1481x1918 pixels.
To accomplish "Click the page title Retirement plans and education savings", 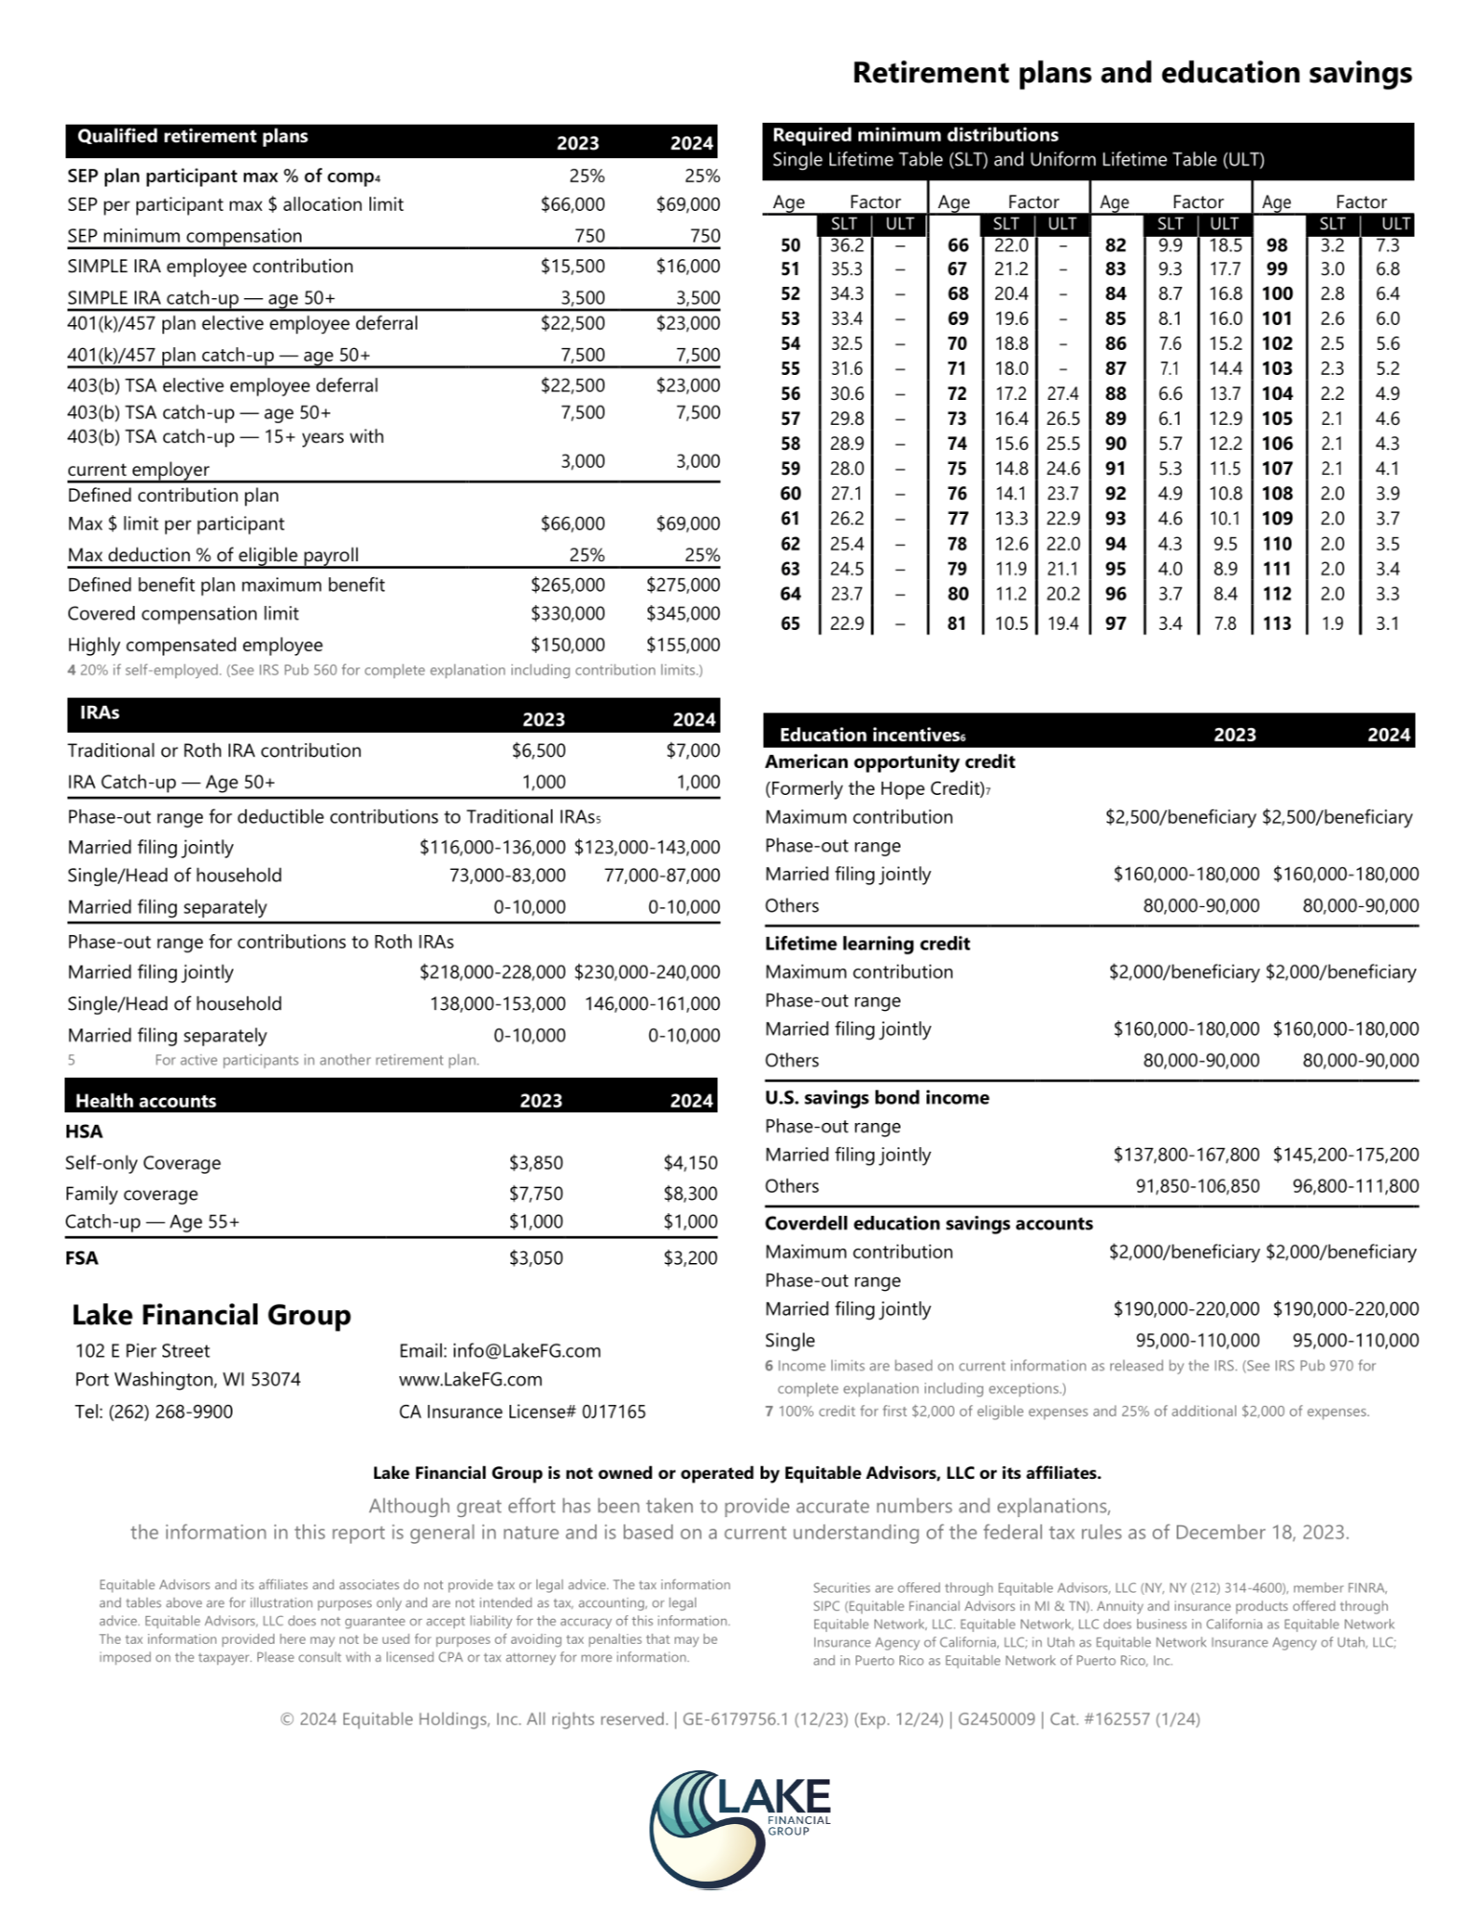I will [x=1131, y=73].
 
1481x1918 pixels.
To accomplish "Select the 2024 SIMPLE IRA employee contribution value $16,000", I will [x=687, y=266].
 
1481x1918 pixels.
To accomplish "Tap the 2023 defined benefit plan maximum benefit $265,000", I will [x=567, y=584].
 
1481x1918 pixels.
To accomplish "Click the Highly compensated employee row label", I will [x=195, y=644].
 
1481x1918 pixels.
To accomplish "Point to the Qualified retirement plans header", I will [x=193, y=136].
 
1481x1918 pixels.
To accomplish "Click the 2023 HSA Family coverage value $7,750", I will [x=536, y=1193].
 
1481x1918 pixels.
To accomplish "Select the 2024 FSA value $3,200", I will [x=690, y=1257].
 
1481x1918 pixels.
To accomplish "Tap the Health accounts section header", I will [x=146, y=1100].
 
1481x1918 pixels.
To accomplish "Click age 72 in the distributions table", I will [x=958, y=393].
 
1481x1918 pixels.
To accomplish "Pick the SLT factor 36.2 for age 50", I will [x=846, y=246].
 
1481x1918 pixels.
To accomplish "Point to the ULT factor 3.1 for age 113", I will [x=1387, y=623].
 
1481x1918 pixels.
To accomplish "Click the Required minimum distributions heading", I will [x=915, y=135].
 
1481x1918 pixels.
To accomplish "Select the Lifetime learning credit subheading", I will [x=867, y=943].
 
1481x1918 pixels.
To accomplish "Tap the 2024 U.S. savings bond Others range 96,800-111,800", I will [x=1354, y=1185].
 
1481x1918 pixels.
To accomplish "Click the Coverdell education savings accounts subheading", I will [x=928, y=1223].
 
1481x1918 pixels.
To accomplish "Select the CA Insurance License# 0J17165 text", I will [x=521, y=1411].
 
